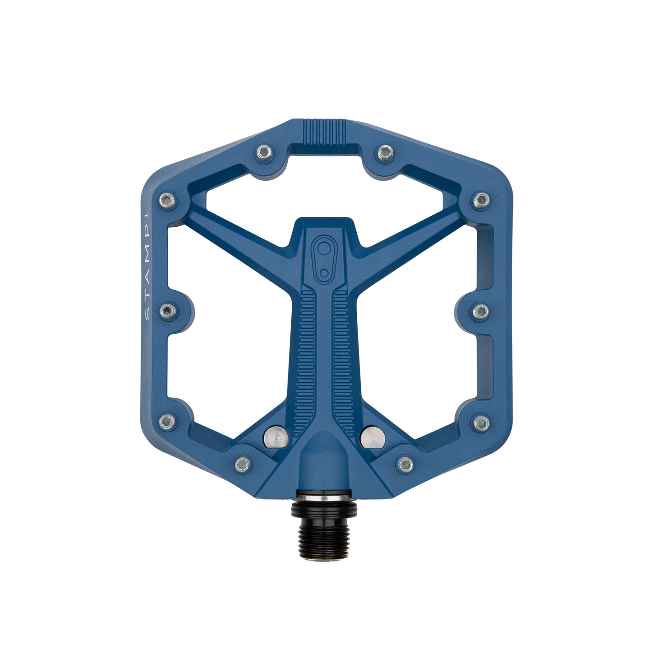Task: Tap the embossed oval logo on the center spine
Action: (324, 259)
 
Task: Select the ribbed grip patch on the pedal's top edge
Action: (325, 131)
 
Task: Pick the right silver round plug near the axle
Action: (372, 437)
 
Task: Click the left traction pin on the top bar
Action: (265, 153)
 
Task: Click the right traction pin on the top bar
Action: (385, 152)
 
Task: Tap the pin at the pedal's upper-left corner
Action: (167, 200)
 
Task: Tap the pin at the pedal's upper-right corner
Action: (481, 200)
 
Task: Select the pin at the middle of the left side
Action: (168, 311)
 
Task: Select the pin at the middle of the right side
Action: (481, 312)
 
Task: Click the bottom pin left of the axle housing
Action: (243, 464)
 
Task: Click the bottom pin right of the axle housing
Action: (406, 464)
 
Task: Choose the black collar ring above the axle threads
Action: (324, 509)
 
